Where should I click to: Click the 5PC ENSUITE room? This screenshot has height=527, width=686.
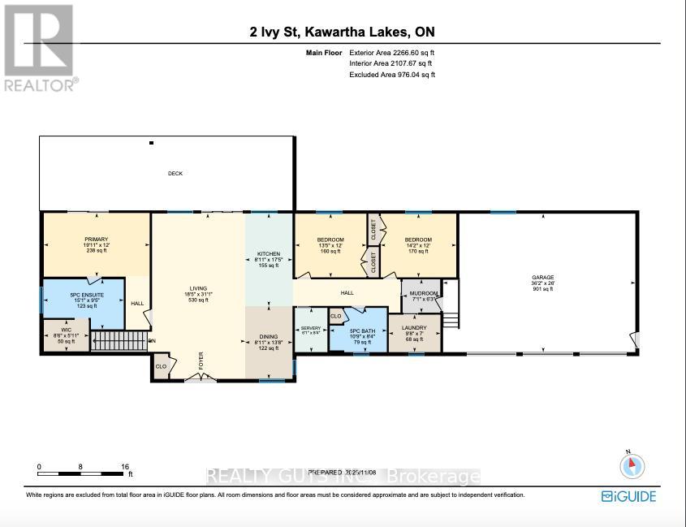pos(81,298)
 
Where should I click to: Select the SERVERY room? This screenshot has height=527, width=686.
pos(310,330)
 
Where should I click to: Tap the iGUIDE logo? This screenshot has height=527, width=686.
pos(628,496)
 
